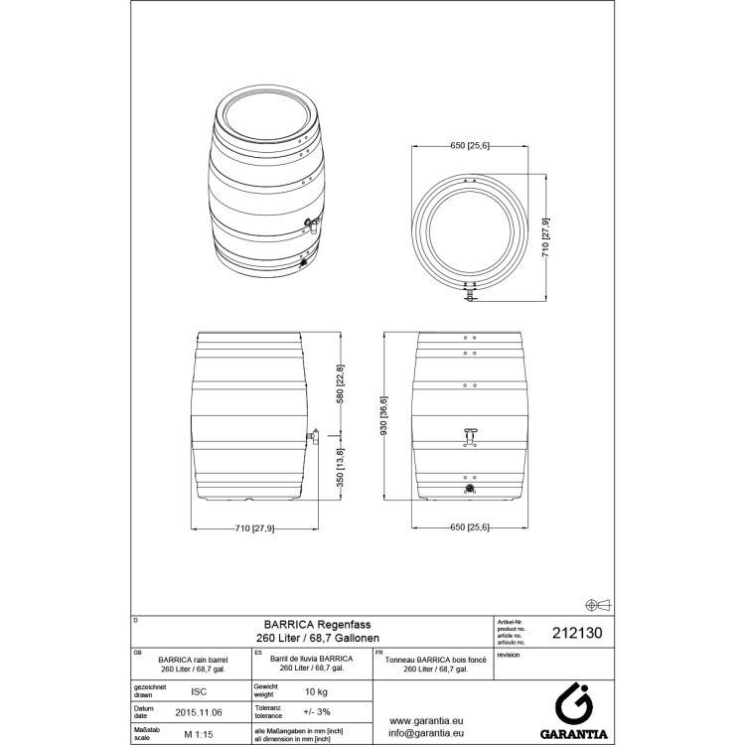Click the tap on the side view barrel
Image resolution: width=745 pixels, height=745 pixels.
click(312, 435)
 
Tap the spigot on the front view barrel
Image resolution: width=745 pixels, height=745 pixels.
click(470, 433)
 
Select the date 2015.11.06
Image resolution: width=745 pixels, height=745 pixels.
click(198, 712)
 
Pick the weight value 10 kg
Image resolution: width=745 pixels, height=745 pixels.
click(316, 690)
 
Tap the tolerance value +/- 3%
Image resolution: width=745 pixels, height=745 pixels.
click(316, 712)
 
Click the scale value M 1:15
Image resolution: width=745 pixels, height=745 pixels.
click(199, 734)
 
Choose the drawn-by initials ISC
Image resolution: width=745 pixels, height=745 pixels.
click(198, 690)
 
